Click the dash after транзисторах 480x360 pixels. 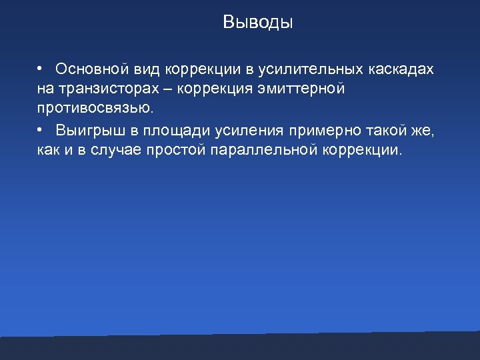click(164, 89)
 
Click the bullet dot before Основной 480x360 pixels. click(41, 69)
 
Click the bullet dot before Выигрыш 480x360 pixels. click(41, 128)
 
